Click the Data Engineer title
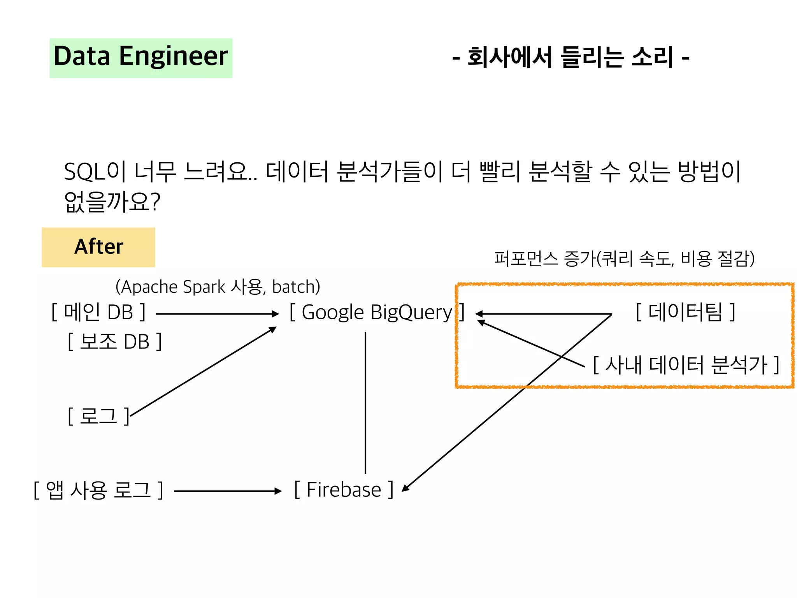(x=140, y=57)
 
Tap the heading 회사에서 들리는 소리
(x=571, y=57)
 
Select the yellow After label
(x=98, y=247)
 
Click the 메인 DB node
(x=98, y=312)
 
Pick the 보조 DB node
(x=114, y=341)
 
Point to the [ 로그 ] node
(x=98, y=416)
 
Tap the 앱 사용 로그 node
(x=98, y=490)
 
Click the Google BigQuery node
(x=377, y=312)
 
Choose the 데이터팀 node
(x=685, y=312)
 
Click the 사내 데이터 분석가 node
(x=686, y=365)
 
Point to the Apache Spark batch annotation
(x=218, y=287)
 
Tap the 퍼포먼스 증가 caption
(x=624, y=259)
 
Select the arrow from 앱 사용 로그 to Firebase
(x=227, y=491)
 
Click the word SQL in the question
(x=84, y=172)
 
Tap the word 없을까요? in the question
(x=112, y=202)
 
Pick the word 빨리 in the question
(x=500, y=172)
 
